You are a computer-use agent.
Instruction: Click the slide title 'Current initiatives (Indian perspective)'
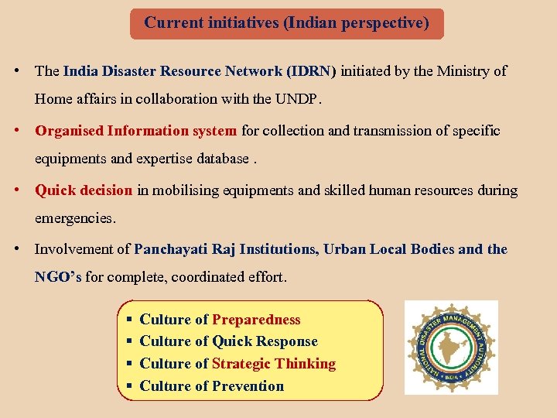pyautogui.click(x=286, y=23)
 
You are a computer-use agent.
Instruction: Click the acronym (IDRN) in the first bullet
pyautogui.click(x=311, y=71)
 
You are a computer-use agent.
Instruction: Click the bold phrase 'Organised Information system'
pyautogui.click(x=136, y=131)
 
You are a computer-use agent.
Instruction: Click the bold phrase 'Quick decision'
pyautogui.click(x=84, y=190)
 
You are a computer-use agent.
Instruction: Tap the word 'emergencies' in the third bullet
pyautogui.click(x=74, y=219)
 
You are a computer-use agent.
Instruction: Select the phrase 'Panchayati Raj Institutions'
pyautogui.click(x=225, y=249)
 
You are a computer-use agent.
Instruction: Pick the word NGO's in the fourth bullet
pyautogui.click(x=58, y=277)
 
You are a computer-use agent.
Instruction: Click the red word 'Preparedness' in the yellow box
pyautogui.click(x=256, y=320)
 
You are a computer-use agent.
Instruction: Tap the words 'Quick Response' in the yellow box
pyautogui.click(x=265, y=341)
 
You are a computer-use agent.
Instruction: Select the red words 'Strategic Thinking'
pyautogui.click(x=274, y=364)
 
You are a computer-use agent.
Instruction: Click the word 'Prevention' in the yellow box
pyautogui.click(x=248, y=386)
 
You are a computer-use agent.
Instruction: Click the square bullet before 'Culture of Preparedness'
pyautogui.click(x=130, y=320)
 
